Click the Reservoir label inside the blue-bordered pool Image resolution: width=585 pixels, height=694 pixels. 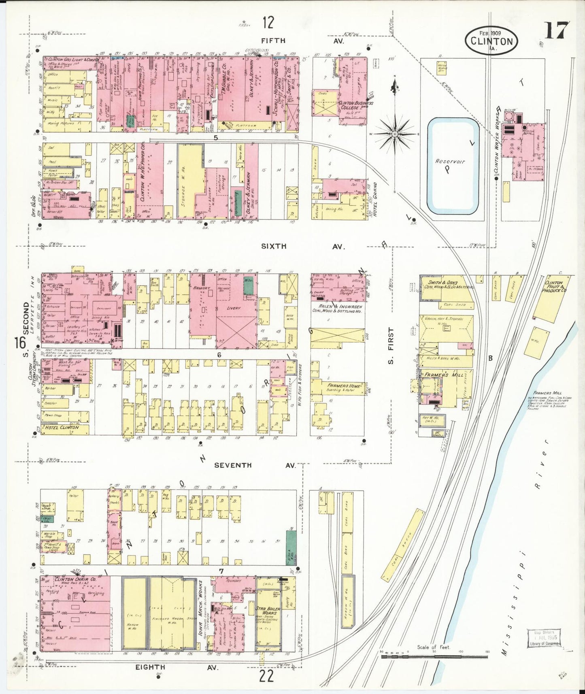pos(450,161)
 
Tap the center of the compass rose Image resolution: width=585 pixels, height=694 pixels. pos(395,134)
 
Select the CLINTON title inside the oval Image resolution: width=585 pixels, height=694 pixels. pos(491,41)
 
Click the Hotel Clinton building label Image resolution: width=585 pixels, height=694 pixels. pos(62,428)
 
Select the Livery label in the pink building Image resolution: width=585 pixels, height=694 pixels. pos(233,308)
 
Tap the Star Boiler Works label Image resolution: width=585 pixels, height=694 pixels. pos(266,611)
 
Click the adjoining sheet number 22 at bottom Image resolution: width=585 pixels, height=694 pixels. pos(266,676)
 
